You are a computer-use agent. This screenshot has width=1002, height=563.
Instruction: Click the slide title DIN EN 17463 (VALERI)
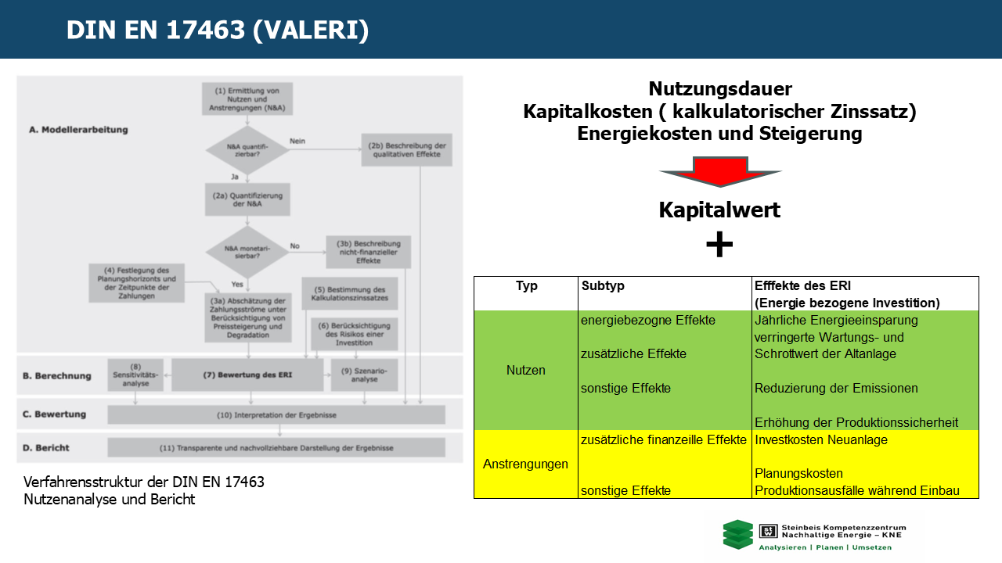[218, 30]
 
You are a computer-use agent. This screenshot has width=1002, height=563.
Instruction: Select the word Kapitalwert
[719, 210]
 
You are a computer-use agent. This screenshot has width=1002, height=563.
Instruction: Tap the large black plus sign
[719, 245]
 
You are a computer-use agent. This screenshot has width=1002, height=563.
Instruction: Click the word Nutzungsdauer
[720, 89]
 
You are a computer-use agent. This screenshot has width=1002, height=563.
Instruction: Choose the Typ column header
[526, 286]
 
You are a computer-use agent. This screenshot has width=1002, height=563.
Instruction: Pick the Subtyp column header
[604, 286]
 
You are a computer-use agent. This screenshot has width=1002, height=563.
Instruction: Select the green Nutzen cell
[526, 370]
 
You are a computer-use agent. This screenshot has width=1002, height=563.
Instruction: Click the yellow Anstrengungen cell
[526, 464]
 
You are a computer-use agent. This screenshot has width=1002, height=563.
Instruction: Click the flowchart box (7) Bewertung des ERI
[247, 375]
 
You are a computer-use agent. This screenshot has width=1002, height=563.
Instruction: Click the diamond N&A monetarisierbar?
[247, 252]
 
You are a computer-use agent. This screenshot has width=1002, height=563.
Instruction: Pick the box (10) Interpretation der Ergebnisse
[276, 414]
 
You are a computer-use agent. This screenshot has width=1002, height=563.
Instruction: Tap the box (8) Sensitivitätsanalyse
[135, 375]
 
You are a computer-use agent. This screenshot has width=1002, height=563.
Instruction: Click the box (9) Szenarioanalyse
[364, 375]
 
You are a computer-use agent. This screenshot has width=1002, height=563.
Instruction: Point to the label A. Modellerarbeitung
[78, 130]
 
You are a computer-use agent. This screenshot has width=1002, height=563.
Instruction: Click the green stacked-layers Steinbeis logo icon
[737, 535]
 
